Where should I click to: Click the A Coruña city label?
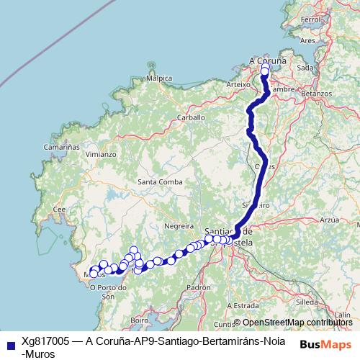[266, 61]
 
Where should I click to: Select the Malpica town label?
[159, 78]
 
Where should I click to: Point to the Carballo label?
[192, 117]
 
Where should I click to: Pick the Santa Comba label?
[159, 181]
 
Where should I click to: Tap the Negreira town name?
[179, 225]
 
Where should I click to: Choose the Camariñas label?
[60, 146]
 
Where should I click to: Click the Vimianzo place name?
[101, 154]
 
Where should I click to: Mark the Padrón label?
[197, 287]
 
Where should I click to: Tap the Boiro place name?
[140, 319]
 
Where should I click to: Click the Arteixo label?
[237, 84]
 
